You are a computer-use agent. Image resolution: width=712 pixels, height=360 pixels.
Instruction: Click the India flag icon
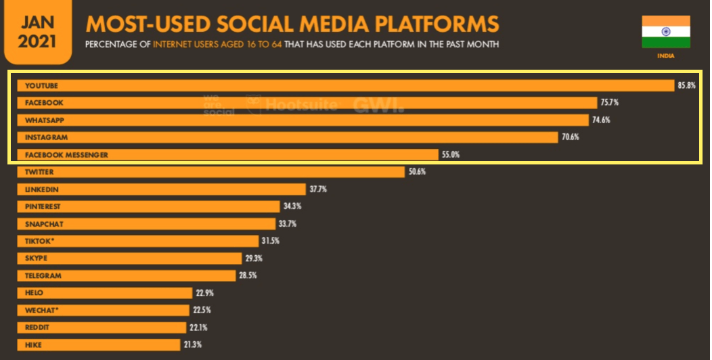tap(666, 32)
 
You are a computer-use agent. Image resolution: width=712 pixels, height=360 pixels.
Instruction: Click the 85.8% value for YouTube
tap(686, 85)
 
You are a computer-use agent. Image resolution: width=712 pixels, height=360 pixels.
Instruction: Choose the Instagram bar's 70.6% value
tap(570, 137)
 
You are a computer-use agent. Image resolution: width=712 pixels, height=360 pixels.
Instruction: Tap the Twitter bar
tap(210, 172)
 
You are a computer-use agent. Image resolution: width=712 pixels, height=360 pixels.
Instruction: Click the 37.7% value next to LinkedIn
tap(318, 189)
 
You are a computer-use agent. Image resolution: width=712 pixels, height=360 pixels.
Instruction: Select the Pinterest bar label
tap(44, 206)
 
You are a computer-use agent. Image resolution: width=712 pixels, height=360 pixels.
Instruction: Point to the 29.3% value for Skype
tap(254, 258)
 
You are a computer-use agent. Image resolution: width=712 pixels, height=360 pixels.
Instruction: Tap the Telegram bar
tap(129, 275)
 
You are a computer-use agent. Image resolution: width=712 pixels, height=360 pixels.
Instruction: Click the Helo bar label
tap(35, 293)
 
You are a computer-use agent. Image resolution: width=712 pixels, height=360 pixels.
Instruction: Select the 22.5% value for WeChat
tap(202, 310)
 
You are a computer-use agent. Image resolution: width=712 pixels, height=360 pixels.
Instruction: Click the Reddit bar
tap(102, 328)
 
